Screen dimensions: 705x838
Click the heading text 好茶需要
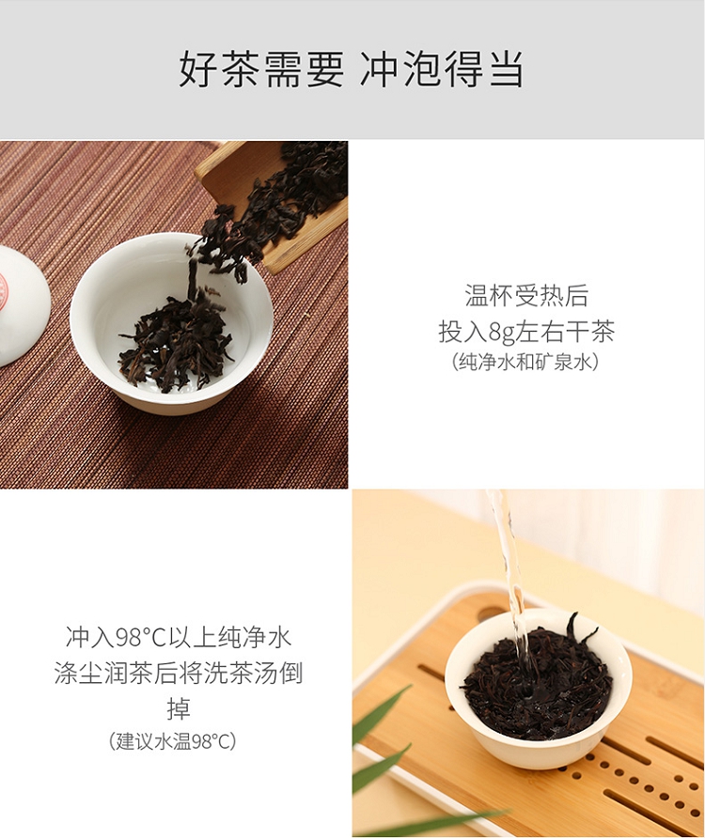coord(261,70)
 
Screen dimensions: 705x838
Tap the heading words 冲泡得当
coord(442,70)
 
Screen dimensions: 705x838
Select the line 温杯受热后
coord(526,296)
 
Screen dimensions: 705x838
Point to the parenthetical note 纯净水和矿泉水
coord(525,363)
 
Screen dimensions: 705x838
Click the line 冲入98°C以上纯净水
coord(179,637)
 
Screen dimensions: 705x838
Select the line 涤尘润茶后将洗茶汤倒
coord(179,673)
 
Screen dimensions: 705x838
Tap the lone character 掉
coord(179,708)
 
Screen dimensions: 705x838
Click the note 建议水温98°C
coord(173,741)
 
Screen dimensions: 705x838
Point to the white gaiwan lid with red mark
coord(22,305)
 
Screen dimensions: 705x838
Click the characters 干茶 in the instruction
coord(590,333)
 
